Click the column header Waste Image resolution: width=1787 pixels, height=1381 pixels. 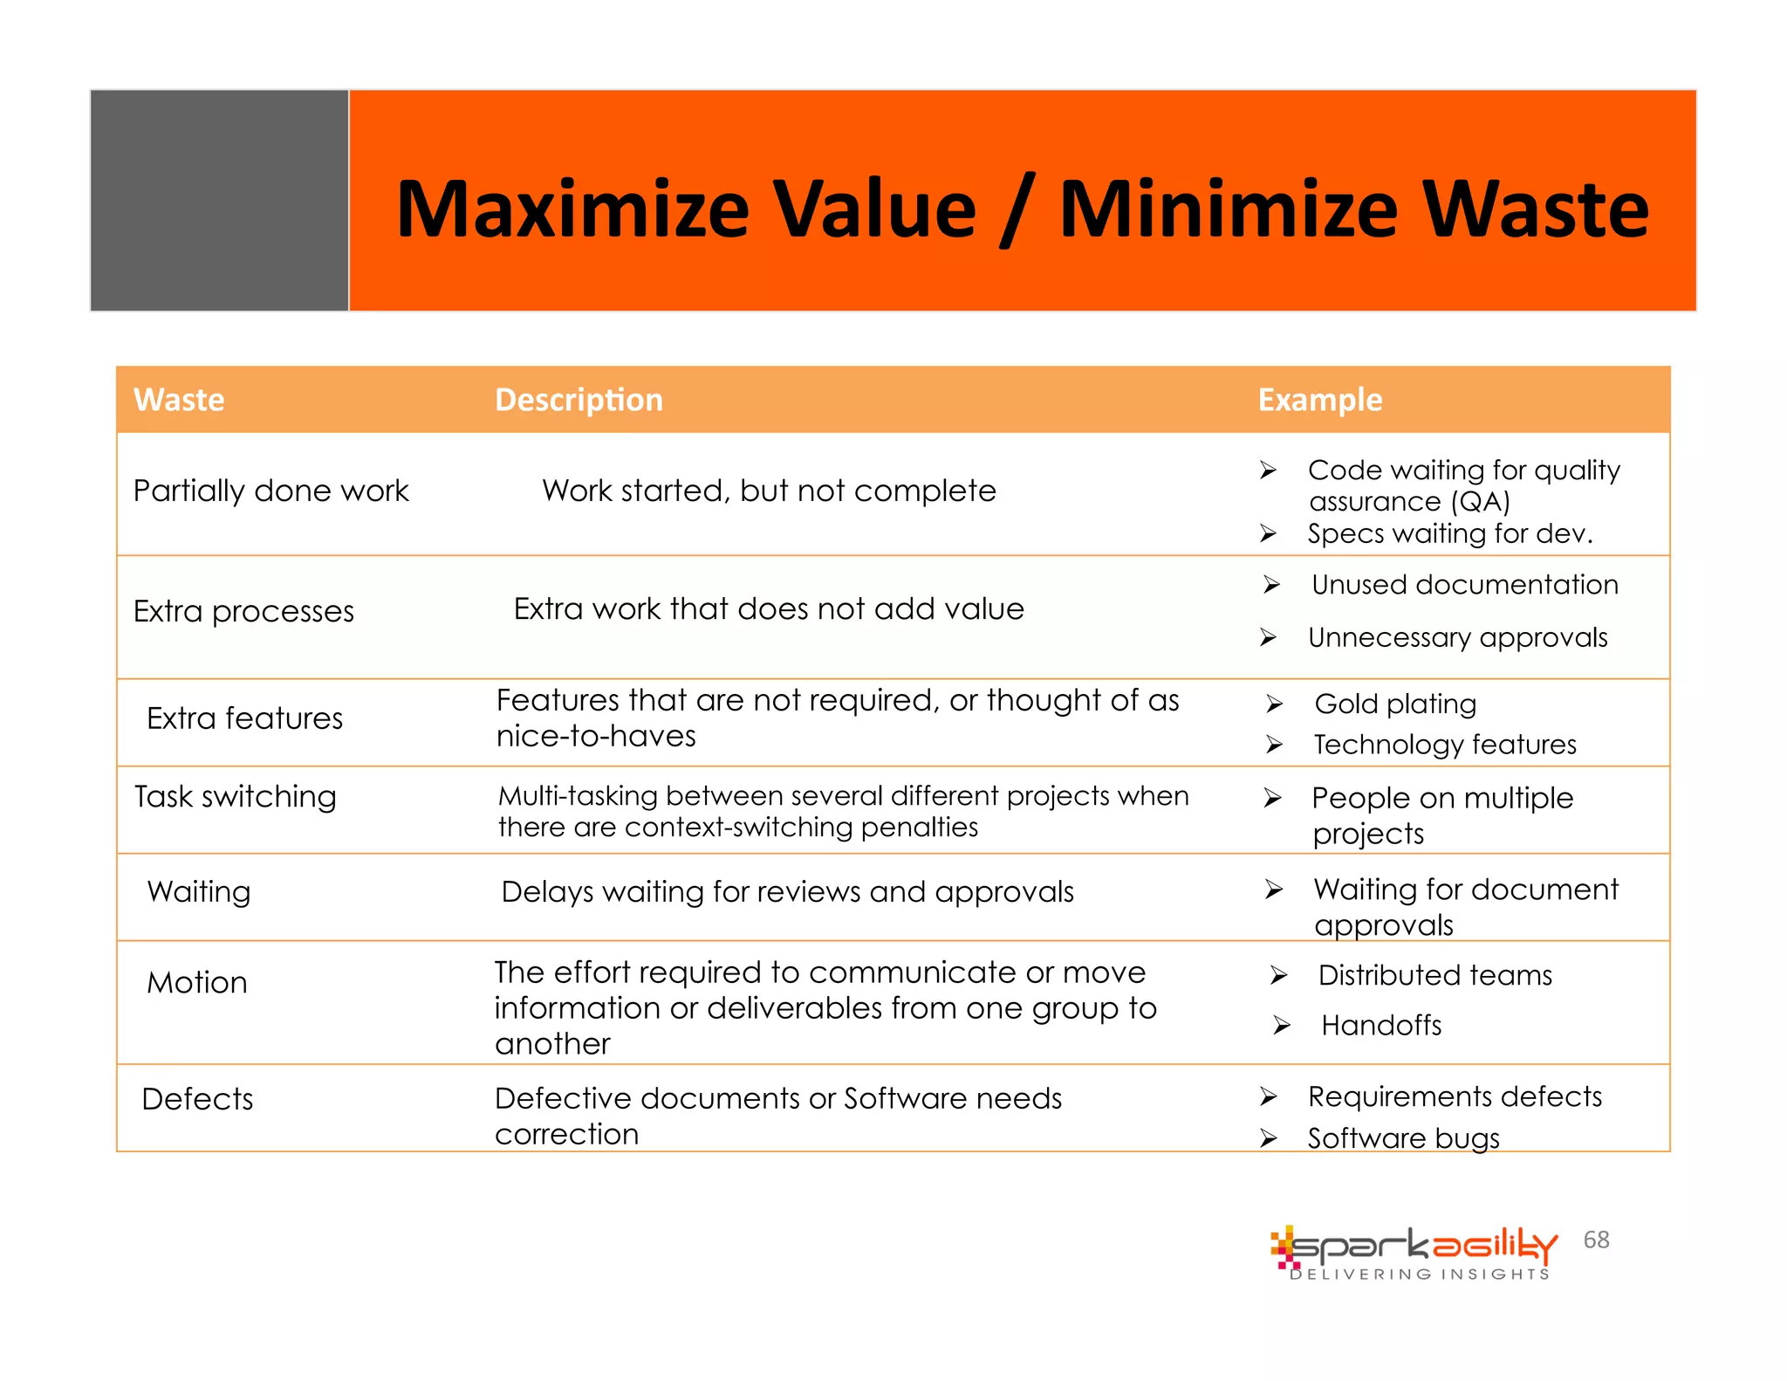(179, 400)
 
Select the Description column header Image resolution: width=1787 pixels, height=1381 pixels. (579, 400)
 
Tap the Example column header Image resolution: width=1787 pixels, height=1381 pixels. (1319, 400)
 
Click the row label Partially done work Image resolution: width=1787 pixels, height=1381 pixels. (270, 491)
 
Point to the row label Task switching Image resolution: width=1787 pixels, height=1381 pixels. (235, 796)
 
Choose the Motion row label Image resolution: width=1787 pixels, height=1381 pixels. (197, 983)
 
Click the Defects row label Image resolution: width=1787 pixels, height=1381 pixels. (197, 1099)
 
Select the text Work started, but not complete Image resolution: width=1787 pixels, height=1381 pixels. (769, 491)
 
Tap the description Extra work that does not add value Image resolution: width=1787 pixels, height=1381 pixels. (769, 608)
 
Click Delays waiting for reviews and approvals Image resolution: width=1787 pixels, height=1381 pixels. (787, 891)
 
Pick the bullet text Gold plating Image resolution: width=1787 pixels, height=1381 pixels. (1395, 704)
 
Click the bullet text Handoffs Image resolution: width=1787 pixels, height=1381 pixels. (1381, 1025)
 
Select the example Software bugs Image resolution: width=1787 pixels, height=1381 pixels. (1403, 1138)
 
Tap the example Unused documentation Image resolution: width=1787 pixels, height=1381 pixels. (1464, 584)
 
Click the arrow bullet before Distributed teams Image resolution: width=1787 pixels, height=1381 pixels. (1278, 975)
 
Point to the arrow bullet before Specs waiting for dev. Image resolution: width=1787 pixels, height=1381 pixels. (1268, 533)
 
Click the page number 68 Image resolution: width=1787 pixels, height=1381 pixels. (1596, 1240)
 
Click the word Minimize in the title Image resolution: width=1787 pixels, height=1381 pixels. (1229, 210)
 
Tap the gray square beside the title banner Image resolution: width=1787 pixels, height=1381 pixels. (220, 201)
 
